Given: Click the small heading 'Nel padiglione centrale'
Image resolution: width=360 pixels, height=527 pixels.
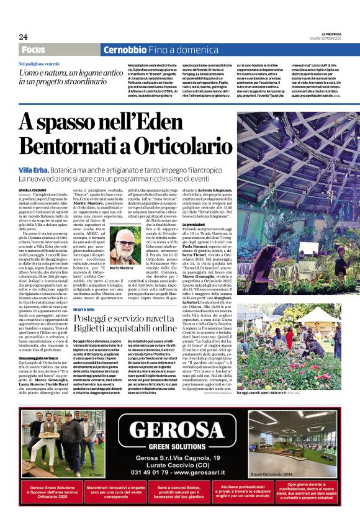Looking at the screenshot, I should tap(39, 64).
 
